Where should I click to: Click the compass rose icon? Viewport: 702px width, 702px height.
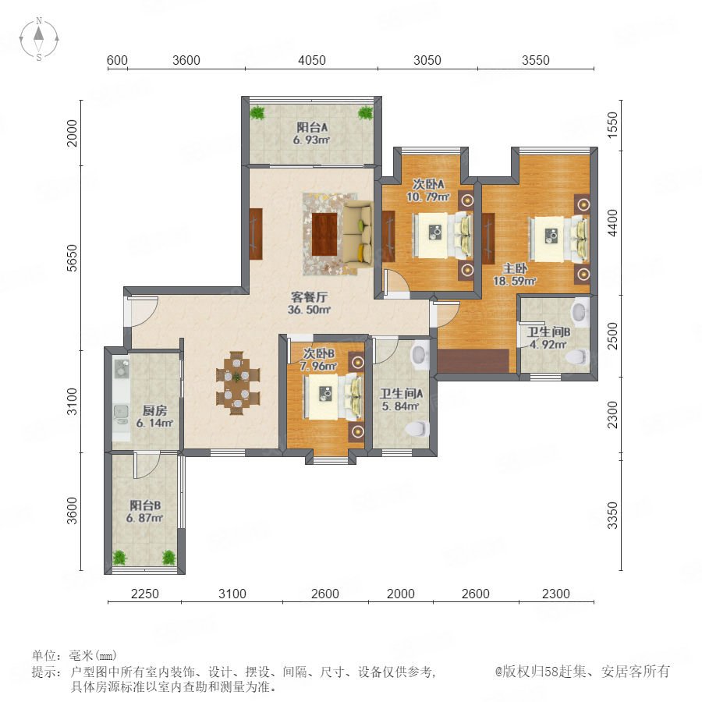[39, 39]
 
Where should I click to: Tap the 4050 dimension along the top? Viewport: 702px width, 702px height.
[311, 60]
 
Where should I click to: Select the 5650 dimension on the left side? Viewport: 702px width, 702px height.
[72, 258]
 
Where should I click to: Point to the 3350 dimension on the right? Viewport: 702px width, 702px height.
[612, 516]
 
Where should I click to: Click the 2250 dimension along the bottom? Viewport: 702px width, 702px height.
[144, 594]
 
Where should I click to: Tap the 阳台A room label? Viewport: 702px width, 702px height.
[312, 128]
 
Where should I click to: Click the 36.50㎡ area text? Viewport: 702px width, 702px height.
[309, 310]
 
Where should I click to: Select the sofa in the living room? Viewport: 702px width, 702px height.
[358, 235]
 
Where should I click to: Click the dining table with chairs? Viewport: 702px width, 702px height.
[237, 383]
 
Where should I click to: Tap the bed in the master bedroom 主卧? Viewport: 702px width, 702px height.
[558, 239]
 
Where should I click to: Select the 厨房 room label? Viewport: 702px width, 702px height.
[154, 410]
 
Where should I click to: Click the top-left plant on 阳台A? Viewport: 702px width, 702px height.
[257, 112]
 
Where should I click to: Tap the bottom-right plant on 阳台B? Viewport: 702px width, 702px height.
[168, 558]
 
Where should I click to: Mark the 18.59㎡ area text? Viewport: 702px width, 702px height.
[515, 281]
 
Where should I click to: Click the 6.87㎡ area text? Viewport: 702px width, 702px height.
[144, 518]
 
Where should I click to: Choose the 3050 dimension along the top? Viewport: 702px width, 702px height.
[427, 60]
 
